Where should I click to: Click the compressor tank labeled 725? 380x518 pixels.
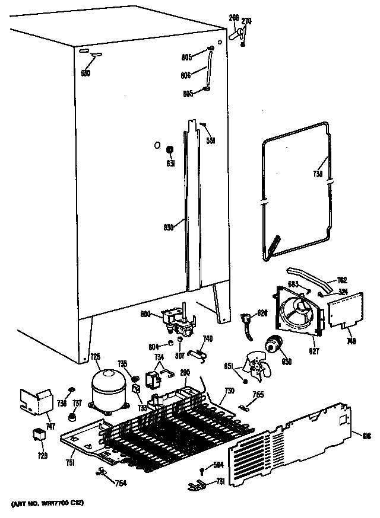(x=107, y=389)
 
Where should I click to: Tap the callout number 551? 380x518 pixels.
(x=210, y=140)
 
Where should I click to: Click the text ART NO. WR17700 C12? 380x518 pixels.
(x=47, y=503)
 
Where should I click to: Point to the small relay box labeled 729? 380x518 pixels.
(x=39, y=436)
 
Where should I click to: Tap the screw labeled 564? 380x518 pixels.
(x=202, y=472)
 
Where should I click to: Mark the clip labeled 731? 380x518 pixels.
(x=193, y=486)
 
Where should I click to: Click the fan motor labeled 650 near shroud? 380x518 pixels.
(x=274, y=344)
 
